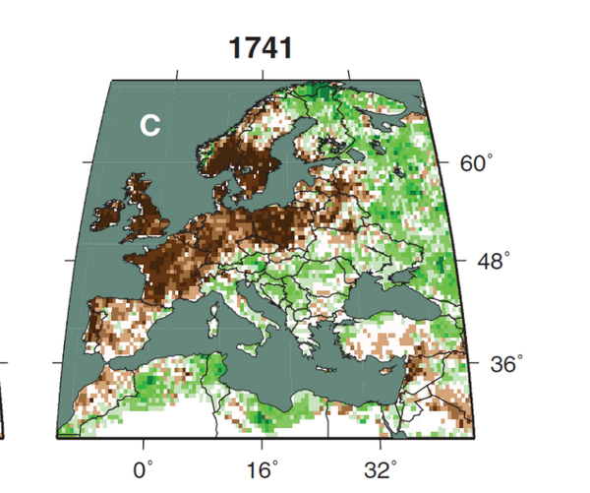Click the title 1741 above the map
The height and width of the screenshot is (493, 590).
coord(260,47)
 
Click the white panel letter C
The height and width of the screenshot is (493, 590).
coord(149,126)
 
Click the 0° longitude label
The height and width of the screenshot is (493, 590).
coord(145,468)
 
